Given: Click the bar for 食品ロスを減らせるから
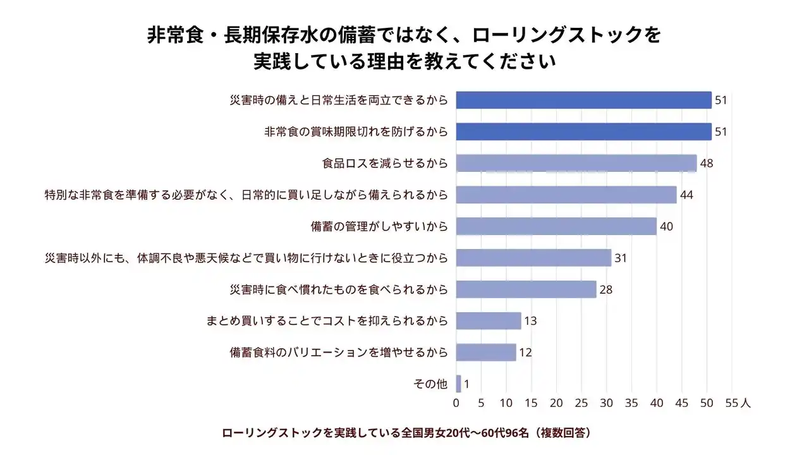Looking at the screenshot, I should click(x=576, y=163).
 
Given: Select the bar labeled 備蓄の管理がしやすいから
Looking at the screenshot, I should click(x=556, y=226).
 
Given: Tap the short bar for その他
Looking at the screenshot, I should click(x=458, y=384).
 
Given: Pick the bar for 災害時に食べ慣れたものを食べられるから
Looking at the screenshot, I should click(x=526, y=289).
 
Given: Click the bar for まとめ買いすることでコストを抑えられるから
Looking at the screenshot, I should click(x=489, y=321).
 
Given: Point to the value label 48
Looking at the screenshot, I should click(x=707, y=163).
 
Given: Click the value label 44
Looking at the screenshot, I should click(x=686, y=195).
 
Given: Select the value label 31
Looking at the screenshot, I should click(x=621, y=258).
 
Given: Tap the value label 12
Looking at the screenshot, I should click(x=525, y=353).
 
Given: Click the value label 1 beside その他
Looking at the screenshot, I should click(x=466, y=384).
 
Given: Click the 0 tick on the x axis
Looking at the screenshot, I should click(x=456, y=403).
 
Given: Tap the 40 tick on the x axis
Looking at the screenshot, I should click(x=657, y=403).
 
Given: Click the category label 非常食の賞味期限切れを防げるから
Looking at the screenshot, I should click(x=356, y=132).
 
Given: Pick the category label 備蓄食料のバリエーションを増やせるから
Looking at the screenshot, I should click(x=339, y=353).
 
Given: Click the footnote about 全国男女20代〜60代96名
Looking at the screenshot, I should click(x=406, y=434).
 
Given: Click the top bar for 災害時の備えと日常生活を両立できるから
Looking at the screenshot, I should click(x=583, y=100).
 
